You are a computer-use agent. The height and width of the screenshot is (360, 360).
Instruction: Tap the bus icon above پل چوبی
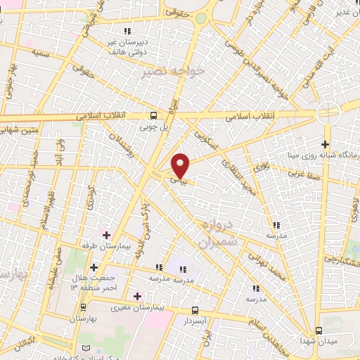[154, 116]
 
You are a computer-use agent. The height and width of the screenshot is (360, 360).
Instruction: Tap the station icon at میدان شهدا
[319, 330]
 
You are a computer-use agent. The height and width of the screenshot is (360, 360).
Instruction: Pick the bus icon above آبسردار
[195, 310]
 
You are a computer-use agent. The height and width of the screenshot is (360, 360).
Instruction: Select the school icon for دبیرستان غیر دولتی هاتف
[127, 31]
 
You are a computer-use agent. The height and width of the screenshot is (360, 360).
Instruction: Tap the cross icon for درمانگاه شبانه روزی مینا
[326, 144]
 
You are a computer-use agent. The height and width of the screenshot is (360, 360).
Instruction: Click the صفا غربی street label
[303, 169]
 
